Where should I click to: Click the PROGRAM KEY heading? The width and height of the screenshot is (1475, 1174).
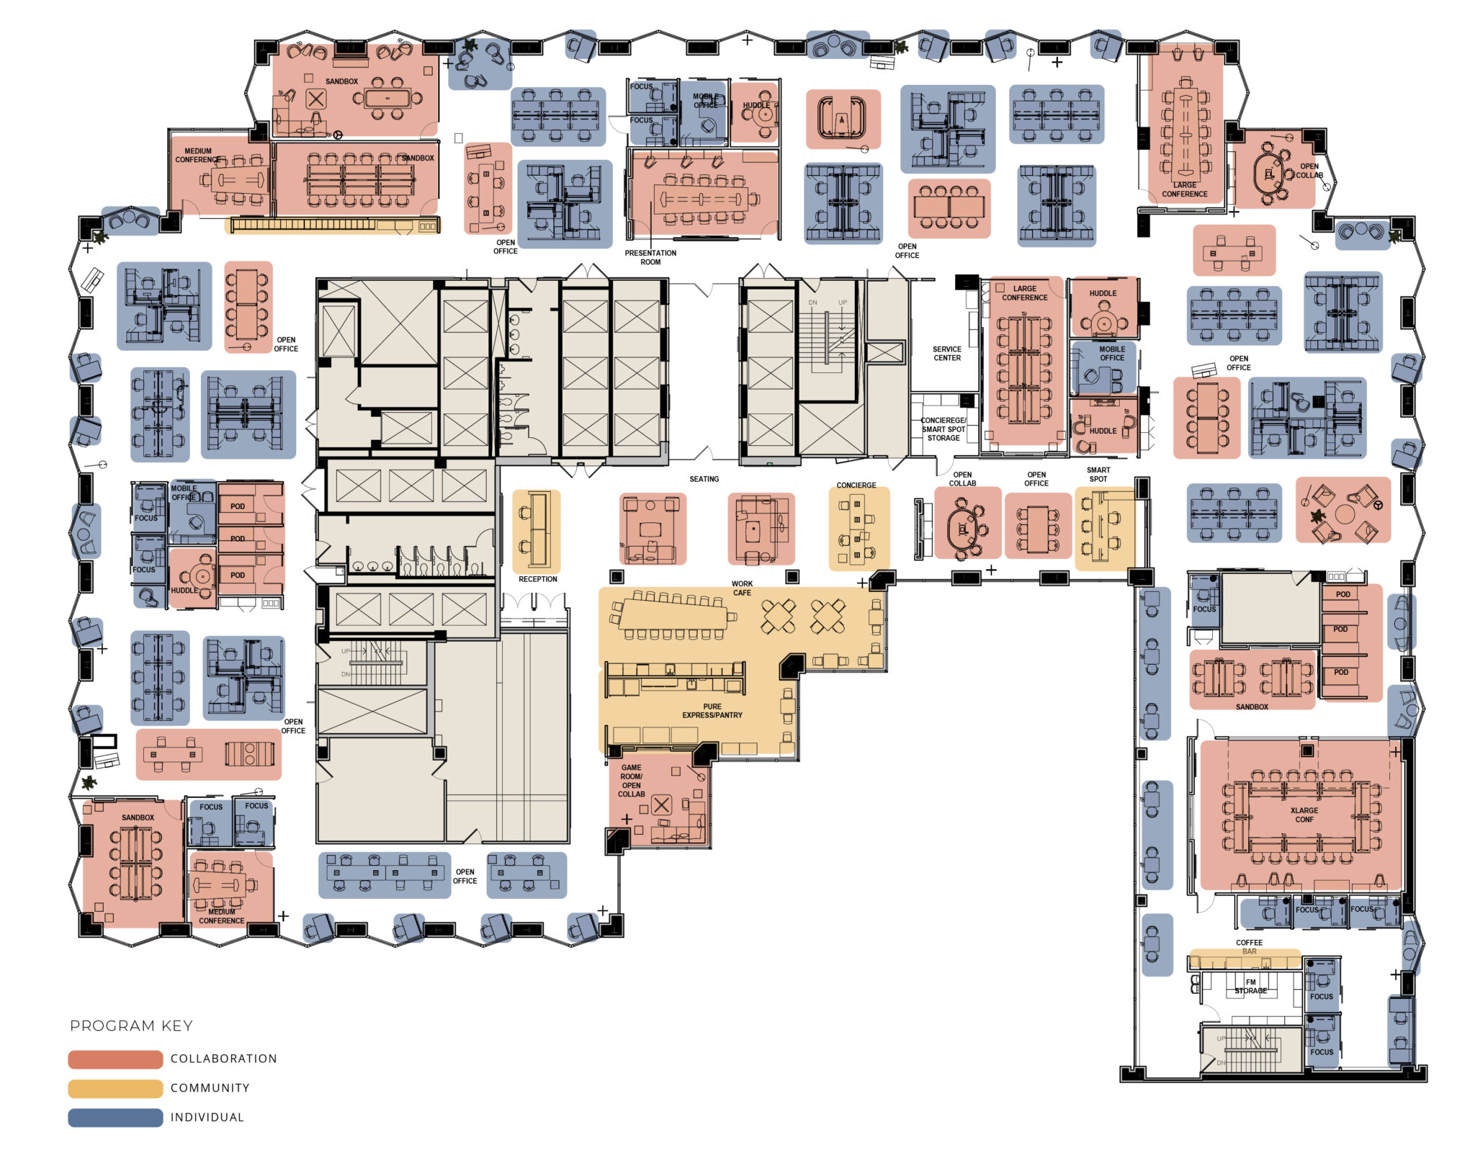[x=131, y=1025]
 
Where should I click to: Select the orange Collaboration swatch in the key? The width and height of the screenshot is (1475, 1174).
[x=115, y=1059]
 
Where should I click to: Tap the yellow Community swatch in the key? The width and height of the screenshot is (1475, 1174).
[x=115, y=1088]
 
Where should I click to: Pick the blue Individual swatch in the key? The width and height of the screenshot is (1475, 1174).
[x=115, y=1117]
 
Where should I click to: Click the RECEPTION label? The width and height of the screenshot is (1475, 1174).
[x=537, y=579]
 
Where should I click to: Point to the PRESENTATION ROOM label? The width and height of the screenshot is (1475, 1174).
[x=650, y=257]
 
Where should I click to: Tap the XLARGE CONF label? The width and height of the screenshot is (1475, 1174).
[x=1304, y=815]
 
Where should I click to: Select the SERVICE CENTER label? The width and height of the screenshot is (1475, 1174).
[x=946, y=353]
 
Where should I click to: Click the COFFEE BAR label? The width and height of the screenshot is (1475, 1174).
[x=1249, y=946]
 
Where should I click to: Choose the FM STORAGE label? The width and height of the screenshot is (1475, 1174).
[x=1250, y=986]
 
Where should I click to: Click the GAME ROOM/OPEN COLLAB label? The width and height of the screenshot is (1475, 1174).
[x=631, y=781]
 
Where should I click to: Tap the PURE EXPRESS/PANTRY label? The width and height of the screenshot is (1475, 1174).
[x=712, y=711]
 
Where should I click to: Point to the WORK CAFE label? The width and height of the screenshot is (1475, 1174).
[x=742, y=588]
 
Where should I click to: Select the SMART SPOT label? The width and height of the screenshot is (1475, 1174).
[x=1098, y=474]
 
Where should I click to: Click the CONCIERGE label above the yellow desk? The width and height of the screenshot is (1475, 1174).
[x=856, y=485]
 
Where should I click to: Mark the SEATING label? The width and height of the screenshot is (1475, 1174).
[x=704, y=479]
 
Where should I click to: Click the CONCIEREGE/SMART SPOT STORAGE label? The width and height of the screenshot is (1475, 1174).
[x=943, y=429]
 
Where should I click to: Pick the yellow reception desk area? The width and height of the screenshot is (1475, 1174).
[x=536, y=531]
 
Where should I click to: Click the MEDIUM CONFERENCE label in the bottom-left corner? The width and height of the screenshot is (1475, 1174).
[x=221, y=916]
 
